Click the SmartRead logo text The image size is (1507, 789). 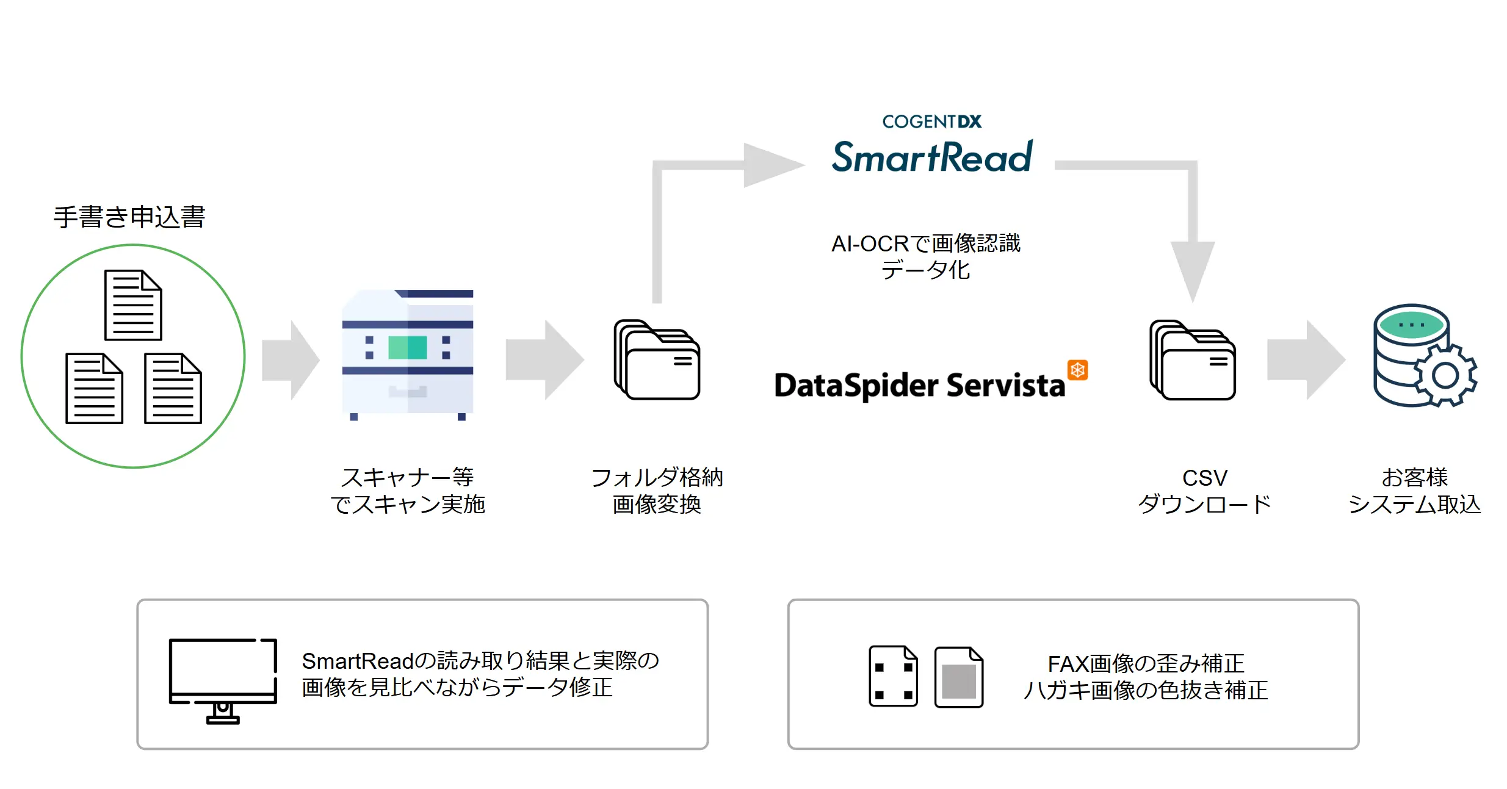point(932,157)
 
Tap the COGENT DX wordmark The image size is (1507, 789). point(931,122)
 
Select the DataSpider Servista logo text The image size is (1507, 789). point(919,386)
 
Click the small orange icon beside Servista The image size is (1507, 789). point(1077,370)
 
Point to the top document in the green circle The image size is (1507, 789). point(133,305)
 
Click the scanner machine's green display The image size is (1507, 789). point(408,347)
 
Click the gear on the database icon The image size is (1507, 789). point(1445,375)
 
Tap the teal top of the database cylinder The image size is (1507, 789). point(1411,325)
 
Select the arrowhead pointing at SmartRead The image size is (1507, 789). point(773,165)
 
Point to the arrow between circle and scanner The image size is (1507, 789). point(291,360)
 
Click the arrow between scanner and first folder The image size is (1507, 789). point(544,360)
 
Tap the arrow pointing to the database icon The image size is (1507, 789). point(1306,360)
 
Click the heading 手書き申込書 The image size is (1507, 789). point(129,217)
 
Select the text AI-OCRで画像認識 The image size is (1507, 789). point(925,243)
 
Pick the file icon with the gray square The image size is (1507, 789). point(958,677)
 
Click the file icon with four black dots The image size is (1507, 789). point(893,677)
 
